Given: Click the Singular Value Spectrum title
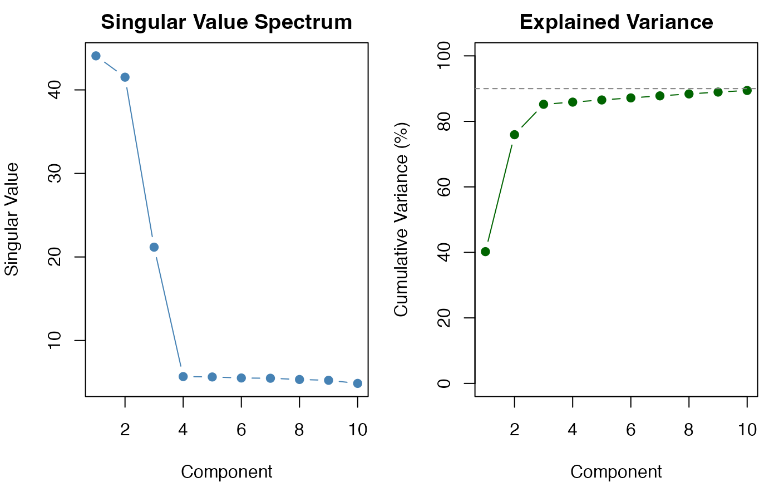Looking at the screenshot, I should pos(226,22).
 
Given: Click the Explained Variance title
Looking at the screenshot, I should pos(616,22).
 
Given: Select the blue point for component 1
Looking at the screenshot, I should pos(96,56).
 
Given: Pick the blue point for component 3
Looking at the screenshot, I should pos(154,247).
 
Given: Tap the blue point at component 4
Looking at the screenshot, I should pos(183,377).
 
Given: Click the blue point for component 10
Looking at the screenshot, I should pos(358,383).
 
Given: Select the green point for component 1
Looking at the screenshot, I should pos(485,252).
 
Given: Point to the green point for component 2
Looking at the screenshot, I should pos(514,135).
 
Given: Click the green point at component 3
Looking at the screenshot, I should pos(544,104).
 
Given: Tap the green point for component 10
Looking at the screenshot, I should pos(747,91).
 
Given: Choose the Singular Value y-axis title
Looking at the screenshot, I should pos(12,219).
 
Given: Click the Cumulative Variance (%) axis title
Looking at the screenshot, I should pos(402,219).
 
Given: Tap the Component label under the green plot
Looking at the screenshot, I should pos(616,472).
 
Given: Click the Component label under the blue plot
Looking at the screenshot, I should pos(226,472).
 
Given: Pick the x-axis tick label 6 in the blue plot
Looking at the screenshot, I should pos(241,430).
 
